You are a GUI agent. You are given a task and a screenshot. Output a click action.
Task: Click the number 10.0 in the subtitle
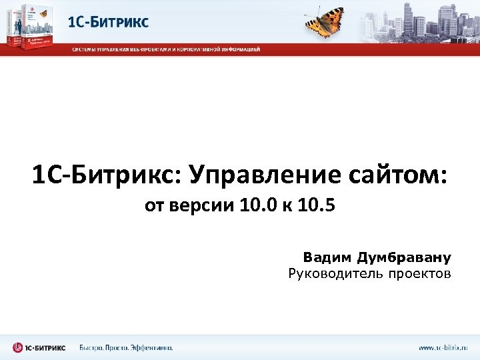[x=261, y=205]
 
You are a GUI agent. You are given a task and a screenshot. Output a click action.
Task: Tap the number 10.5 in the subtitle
[x=316, y=205]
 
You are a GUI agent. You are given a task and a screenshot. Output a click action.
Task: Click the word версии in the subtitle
[x=199, y=205]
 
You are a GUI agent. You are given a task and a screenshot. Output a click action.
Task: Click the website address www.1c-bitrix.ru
[x=443, y=347]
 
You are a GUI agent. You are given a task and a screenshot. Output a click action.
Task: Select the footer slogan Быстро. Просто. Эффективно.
[x=126, y=347]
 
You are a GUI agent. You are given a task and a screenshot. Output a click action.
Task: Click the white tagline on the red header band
[x=167, y=49]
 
